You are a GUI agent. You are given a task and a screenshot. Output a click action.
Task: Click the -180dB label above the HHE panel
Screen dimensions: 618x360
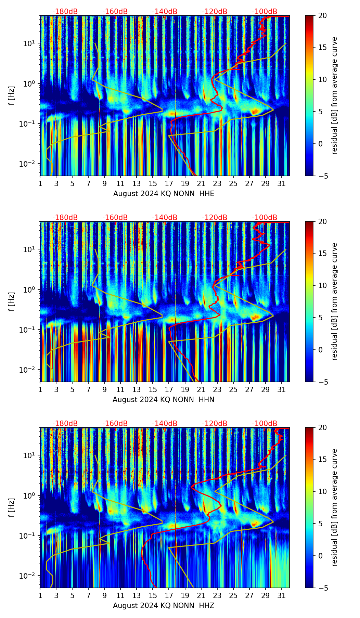tap(65, 12)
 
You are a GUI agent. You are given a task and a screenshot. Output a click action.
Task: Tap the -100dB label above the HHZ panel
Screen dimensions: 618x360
tap(265, 424)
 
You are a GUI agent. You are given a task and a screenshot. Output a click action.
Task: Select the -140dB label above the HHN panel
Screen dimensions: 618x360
tap(165, 218)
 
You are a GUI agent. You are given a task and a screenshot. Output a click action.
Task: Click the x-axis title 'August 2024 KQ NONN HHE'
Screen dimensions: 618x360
tap(164, 194)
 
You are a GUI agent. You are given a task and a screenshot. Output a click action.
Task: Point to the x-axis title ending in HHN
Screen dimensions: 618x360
tap(163, 400)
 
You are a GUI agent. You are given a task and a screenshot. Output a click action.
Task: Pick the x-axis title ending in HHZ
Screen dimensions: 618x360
tap(163, 606)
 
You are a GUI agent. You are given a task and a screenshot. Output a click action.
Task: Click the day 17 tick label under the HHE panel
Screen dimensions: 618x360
tap(169, 183)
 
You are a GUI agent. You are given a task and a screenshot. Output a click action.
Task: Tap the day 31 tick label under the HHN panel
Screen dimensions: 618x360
tap(282, 389)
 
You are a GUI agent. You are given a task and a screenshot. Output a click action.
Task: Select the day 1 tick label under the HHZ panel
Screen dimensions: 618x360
tap(40, 595)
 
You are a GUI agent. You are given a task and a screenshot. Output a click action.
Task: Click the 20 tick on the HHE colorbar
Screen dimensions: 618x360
tap(322, 15)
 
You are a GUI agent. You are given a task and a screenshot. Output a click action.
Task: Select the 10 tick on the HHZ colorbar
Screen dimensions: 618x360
tap(322, 491)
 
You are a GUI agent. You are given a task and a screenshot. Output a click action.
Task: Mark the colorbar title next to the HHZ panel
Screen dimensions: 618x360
tap(335, 507)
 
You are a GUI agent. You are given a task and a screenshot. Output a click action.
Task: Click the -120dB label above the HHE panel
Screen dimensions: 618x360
tap(215, 12)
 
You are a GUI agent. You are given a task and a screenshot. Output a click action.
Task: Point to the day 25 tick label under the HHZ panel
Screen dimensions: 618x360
tap(233, 595)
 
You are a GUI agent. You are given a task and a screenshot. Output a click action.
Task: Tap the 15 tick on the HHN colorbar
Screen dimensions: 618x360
tap(322, 254)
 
